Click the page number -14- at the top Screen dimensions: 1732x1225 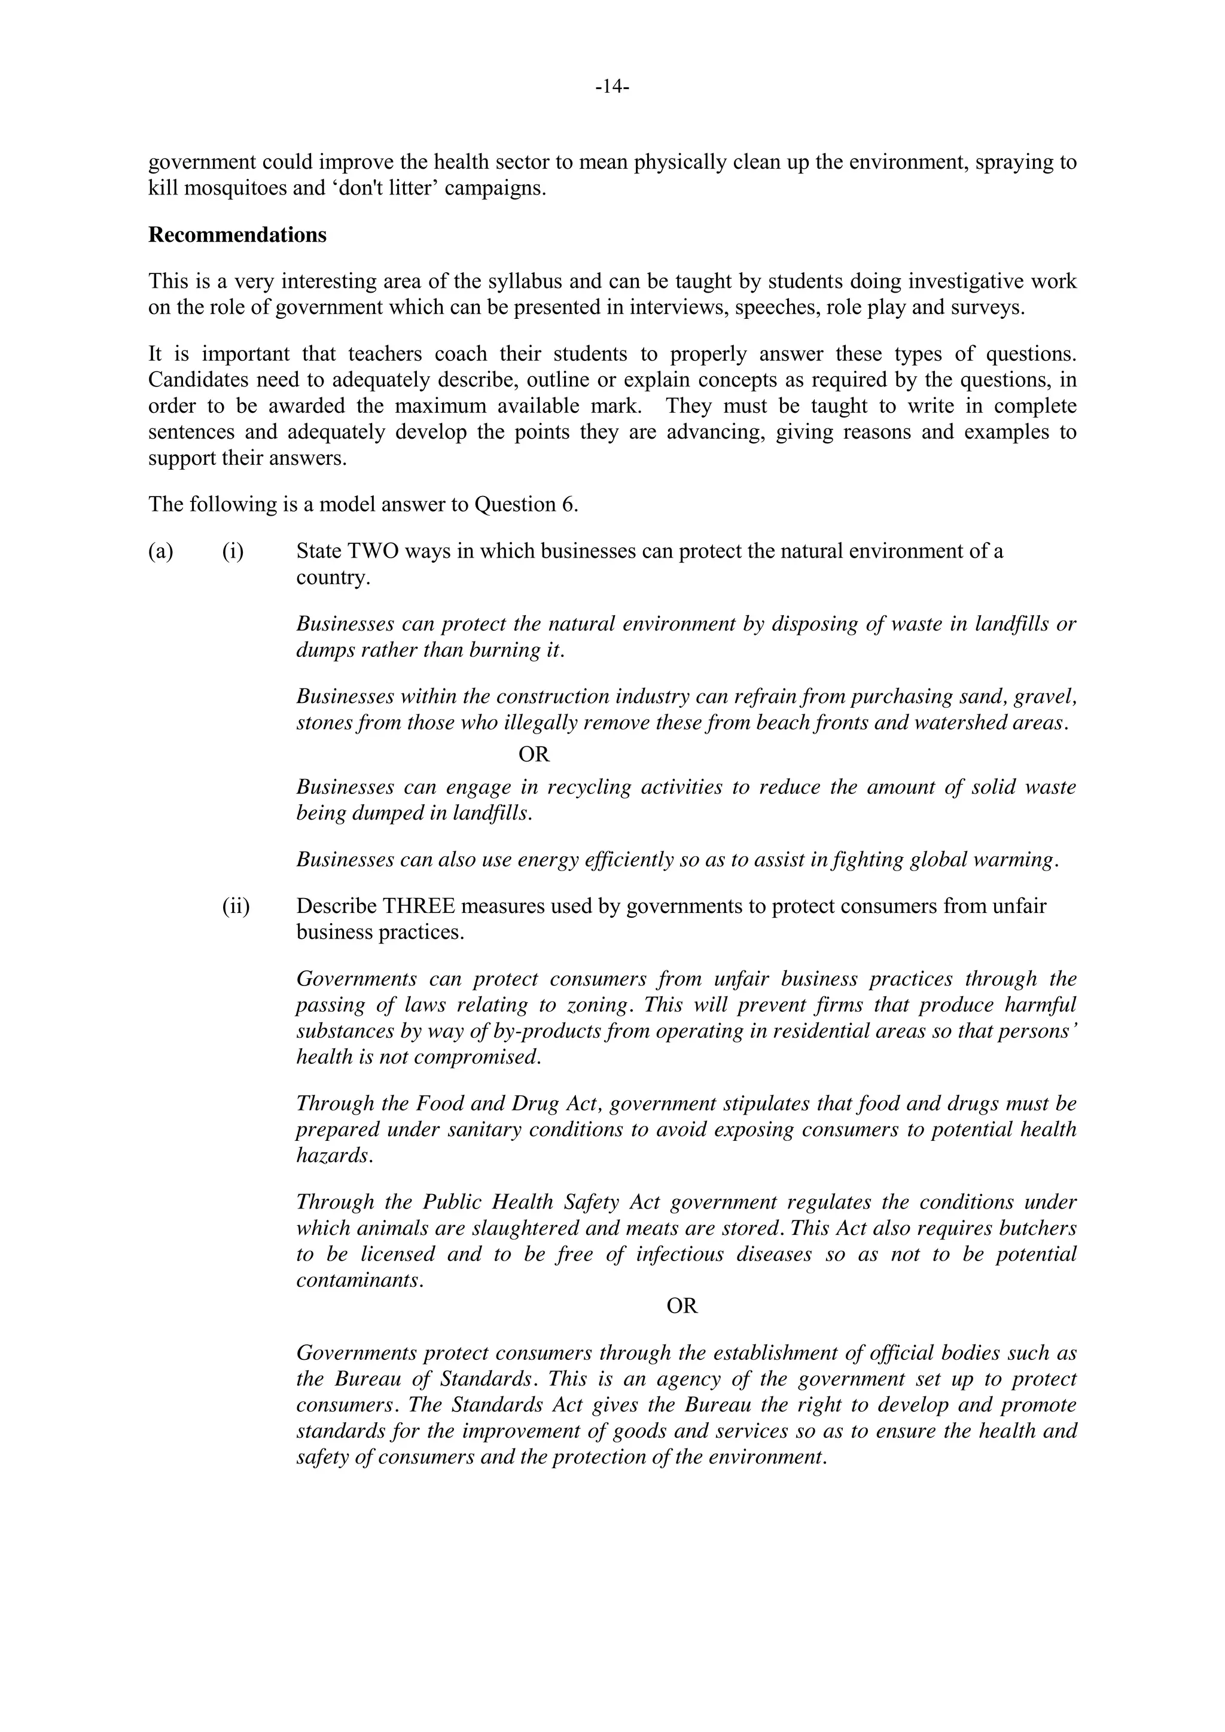coord(612,87)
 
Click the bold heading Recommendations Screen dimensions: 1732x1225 coord(237,235)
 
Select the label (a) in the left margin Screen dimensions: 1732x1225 coord(161,552)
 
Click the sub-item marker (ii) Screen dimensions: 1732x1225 coord(235,906)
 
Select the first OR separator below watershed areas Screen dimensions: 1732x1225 coord(534,754)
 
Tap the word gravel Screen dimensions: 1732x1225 coord(1044,696)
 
